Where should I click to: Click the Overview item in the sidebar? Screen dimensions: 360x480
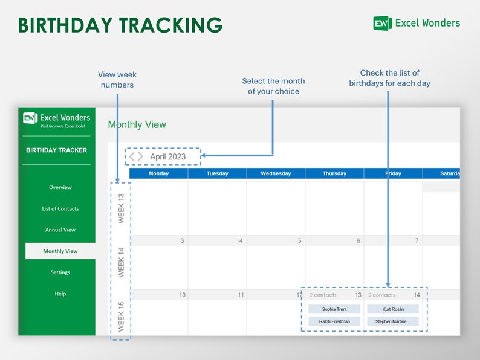tap(60, 187)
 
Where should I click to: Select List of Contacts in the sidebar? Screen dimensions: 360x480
tap(60, 208)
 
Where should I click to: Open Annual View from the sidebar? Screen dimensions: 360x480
tap(60, 230)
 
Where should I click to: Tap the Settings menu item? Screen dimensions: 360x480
tap(60, 272)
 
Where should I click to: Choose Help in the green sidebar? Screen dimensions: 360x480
tap(60, 294)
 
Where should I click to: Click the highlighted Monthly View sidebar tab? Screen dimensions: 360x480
tap(60, 251)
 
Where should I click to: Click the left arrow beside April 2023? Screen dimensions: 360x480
tap(132, 156)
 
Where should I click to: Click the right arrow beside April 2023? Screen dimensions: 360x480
tap(140, 156)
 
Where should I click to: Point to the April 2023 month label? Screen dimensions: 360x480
tap(168, 156)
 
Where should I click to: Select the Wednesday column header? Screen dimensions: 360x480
tap(276, 173)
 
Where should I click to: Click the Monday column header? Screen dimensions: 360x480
tap(158, 173)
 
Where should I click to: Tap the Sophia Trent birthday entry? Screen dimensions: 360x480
tap(334, 309)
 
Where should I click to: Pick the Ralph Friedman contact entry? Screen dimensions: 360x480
tap(334, 321)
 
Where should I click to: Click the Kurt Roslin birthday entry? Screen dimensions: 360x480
tap(393, 309)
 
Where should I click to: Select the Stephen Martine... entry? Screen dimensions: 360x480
tap(393, 321)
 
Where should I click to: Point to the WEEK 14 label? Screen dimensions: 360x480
tap(121, 262)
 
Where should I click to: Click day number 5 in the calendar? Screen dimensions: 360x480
tap(299, 241)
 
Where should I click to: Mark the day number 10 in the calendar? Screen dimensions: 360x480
tap(182, 295)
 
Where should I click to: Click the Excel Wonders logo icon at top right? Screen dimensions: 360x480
tap(381, 23)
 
